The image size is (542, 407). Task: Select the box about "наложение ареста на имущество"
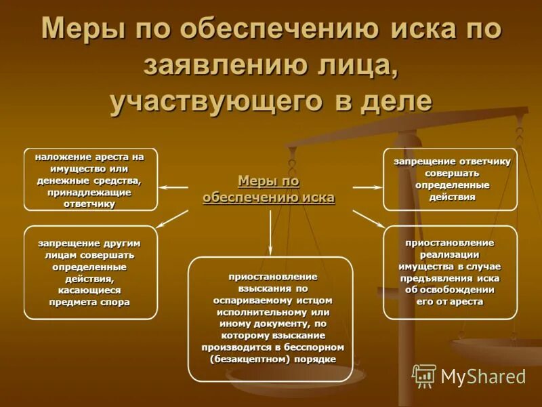pyautogui.click(x=90, y=179)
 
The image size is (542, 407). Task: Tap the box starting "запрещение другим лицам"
pyautogui.click(x=90, y=272)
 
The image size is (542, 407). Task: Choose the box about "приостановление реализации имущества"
pyautogui.click(x=450, y=272)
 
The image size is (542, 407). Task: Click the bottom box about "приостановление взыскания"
pyautogui.click(x=270, y=319)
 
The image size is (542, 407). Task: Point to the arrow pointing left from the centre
pyautogui.click(x=174, y=187)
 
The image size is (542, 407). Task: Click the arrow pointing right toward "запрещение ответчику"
pyautogui.click(x=367, y=187)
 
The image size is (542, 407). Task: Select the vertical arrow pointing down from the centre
pyautogui.click(x=270, y=231)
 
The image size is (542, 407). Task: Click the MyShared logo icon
pyautogui.click(x=424, y=375)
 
